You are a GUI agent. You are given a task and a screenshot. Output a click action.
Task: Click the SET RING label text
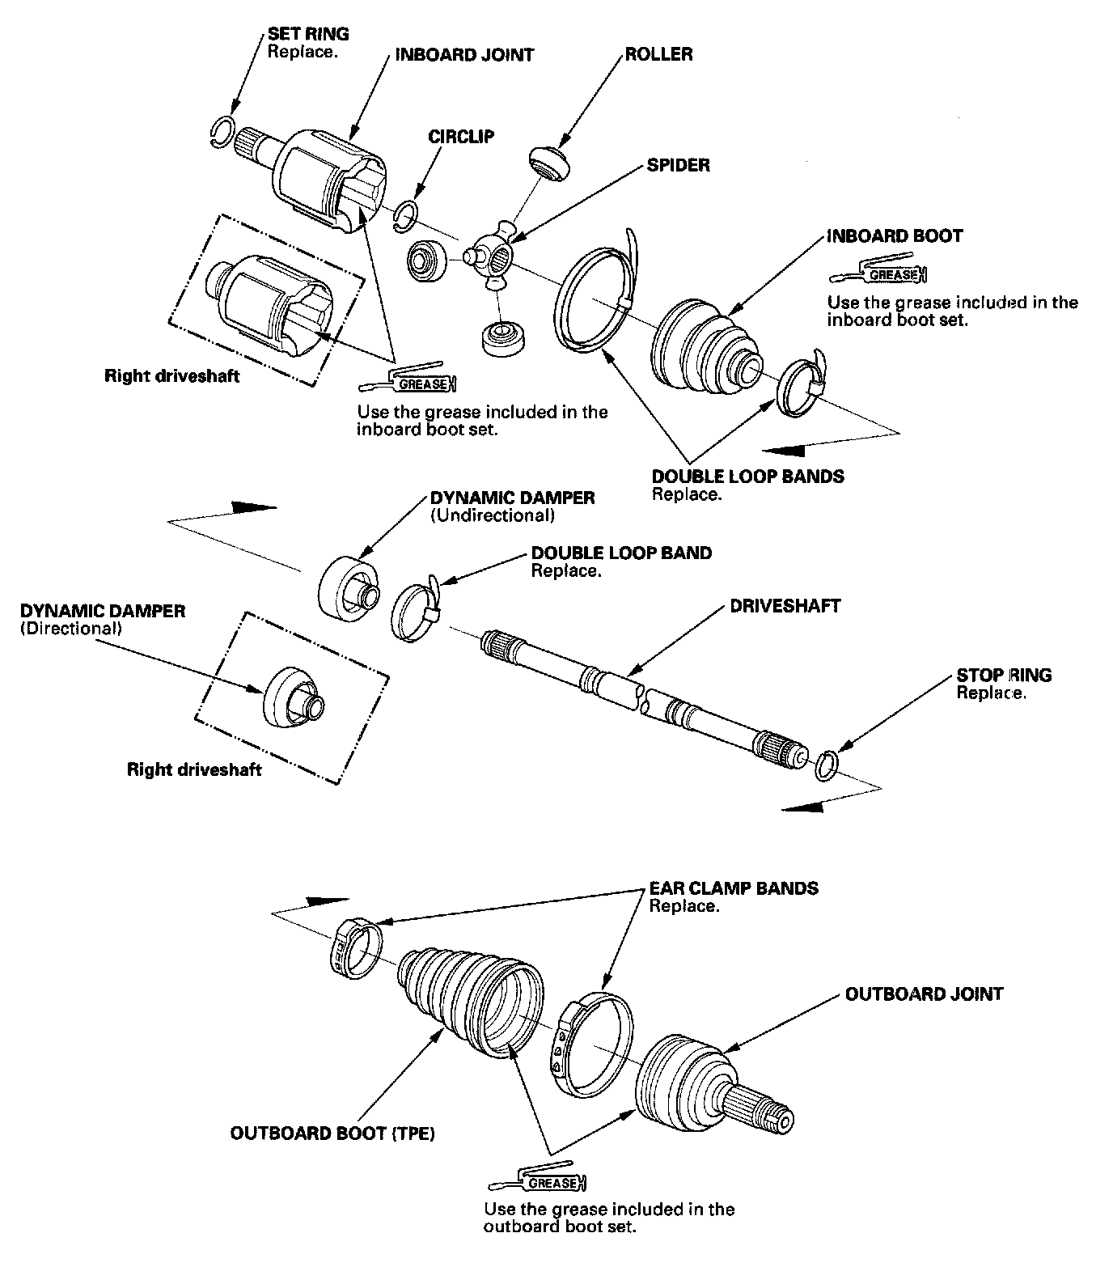tap(308, 34)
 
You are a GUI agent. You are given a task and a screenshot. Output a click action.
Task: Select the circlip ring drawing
tap(407, 216)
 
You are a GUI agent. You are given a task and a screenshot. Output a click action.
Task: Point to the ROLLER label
tap(658, 54)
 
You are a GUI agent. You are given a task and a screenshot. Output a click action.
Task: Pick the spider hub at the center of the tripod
tap(494, 257)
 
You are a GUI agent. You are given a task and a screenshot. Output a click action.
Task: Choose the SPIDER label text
tap(678, 165)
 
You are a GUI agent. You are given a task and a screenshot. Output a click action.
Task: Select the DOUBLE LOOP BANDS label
tap(747, 477)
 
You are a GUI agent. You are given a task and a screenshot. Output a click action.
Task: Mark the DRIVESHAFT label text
tap(785, 606)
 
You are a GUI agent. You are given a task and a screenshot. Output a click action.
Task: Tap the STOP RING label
tap(1004, 675)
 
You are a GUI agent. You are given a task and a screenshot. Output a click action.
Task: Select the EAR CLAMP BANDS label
tap(734, 888)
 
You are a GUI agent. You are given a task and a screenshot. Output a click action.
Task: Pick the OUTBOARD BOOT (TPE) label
tap(332, 1134)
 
